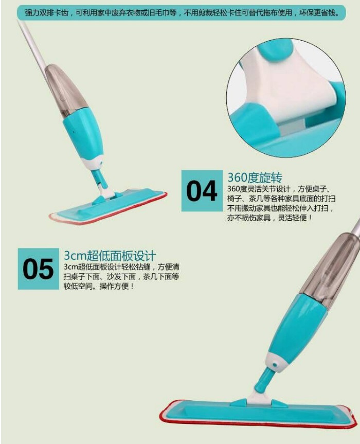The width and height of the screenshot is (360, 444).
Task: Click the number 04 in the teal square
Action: coord(202,191)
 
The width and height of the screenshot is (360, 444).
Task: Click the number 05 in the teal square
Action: coord(38,269)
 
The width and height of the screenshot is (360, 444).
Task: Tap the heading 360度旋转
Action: coord(255,177)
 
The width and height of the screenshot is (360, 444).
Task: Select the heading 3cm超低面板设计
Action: coord(110,255)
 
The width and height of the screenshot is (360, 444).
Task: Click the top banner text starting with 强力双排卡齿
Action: coord(182,13)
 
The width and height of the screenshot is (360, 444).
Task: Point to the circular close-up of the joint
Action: coord(286,98)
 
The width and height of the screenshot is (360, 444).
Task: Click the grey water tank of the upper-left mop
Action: coord(66,90)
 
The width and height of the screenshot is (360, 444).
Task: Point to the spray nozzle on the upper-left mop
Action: coord(101,162)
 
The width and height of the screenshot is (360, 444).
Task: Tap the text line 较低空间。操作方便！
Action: coord(99,286)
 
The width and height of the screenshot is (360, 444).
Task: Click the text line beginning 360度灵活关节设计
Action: coord(279,189)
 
